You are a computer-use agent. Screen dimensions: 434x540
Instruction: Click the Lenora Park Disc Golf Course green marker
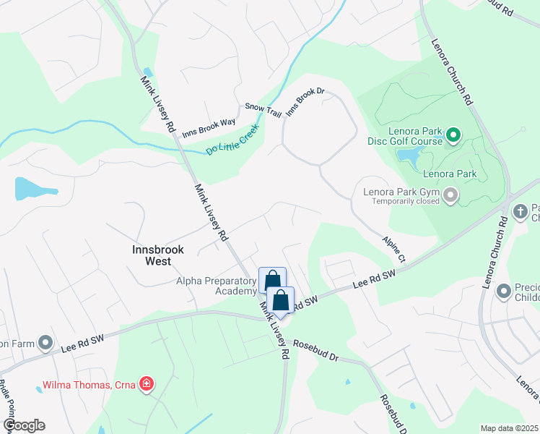pos(453,135)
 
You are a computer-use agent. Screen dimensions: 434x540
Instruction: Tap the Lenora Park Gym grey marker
pos(451,195)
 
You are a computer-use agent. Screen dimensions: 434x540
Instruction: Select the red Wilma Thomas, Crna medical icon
pos(147,383)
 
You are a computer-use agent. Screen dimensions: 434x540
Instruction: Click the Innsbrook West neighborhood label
pos(158,250)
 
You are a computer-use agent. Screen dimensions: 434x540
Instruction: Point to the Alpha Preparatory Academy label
pos(216,286)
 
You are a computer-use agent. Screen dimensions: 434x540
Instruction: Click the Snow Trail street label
pos(263,107)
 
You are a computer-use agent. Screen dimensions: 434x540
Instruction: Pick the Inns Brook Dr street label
pos(306,102)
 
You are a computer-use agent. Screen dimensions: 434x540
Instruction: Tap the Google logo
pos(24,425)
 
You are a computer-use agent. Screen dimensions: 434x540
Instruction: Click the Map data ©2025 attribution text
pos(509,428)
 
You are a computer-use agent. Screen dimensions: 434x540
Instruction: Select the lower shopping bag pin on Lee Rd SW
pos(281,300)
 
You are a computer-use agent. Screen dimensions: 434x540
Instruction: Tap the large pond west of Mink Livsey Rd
pos(33,189)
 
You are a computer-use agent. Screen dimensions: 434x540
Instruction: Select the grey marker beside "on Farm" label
pos(45,342)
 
